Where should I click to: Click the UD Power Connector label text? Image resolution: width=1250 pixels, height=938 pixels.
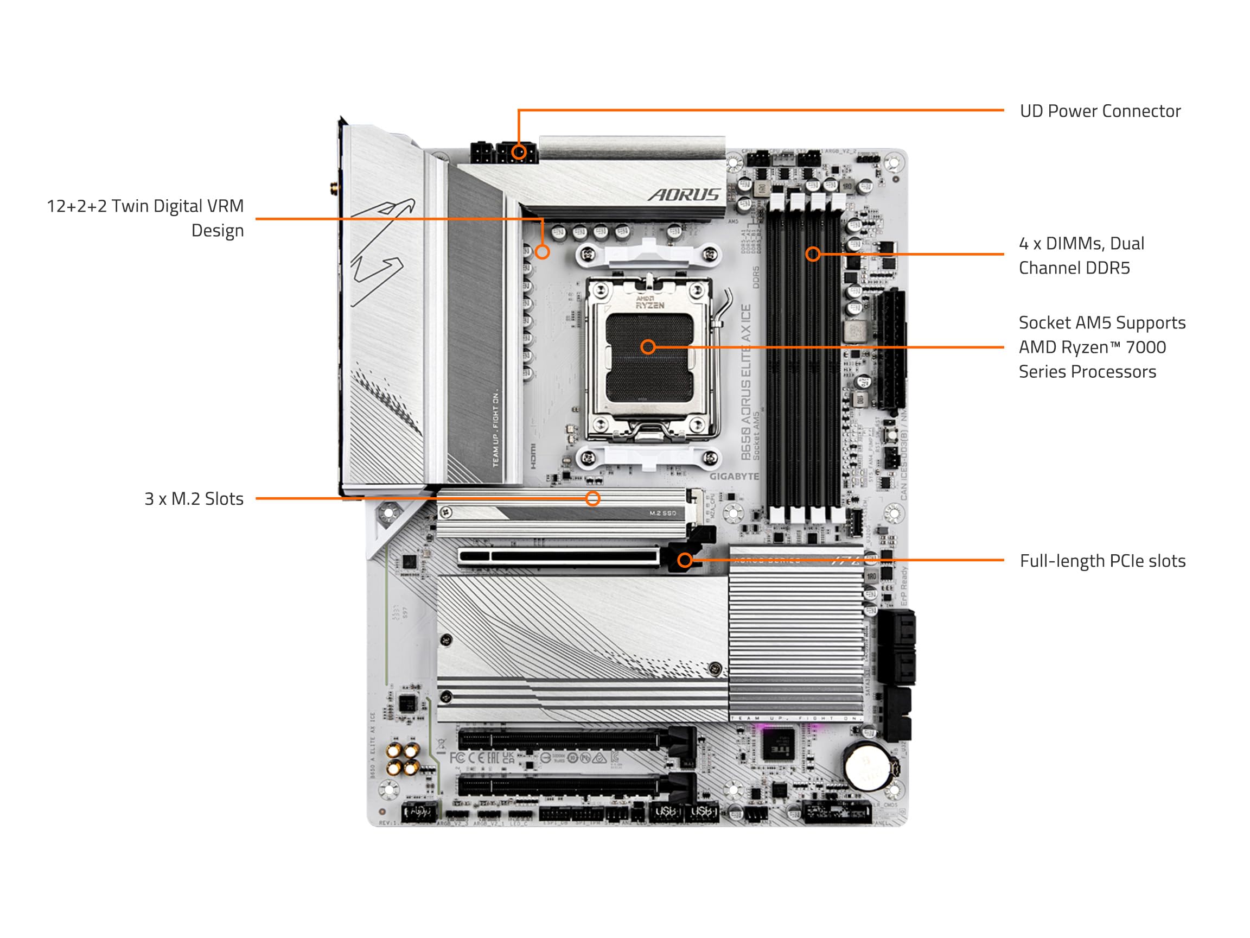click(x=1100, y=111)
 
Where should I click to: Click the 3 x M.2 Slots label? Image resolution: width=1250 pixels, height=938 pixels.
click(x=194, y=499)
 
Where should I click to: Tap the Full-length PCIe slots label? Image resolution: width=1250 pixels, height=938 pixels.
click(x=1102, y=561)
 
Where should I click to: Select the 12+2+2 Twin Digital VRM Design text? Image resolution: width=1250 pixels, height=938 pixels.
click(x=145, y=218)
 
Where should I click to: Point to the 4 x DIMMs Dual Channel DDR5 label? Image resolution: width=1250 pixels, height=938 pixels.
click(x=1081, y=256)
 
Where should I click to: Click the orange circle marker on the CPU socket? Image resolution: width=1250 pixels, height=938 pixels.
click(x=648, y=346)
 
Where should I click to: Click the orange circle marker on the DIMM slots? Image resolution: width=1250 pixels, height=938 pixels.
click(x=813, y=254)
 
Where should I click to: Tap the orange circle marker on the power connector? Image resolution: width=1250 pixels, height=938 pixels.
click(x=519, y=151)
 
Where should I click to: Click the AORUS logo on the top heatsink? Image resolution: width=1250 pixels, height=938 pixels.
click(x=684, y=195)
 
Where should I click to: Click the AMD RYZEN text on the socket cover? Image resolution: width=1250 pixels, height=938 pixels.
click(x=649, y=302)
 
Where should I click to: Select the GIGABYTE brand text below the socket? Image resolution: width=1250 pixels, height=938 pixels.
click(x=734, y=476)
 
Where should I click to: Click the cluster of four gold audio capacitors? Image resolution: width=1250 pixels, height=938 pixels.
click(x=403, y=759)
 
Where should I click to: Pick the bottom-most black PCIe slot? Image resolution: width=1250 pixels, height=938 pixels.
click(x=559, y=785)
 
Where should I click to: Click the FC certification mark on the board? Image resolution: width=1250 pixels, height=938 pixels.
click(x=458, y=757)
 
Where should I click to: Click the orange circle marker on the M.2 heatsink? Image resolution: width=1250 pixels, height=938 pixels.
click(x=592, y=498)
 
